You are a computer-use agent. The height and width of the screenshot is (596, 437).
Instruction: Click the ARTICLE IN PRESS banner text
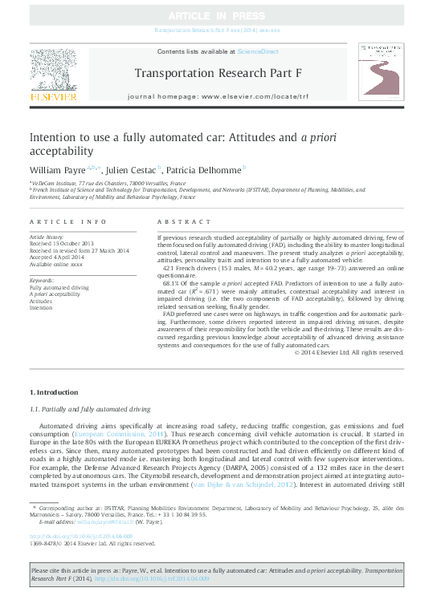(x=218, y=15)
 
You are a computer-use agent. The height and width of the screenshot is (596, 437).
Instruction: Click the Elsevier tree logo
(x=53, y=77)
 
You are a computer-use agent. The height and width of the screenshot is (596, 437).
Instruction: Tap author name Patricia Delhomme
(x=204, y=170)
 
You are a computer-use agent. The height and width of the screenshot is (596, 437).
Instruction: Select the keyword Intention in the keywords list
(x=41, y=307)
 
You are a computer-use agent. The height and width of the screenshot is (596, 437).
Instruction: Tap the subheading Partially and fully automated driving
(x=93, y=408)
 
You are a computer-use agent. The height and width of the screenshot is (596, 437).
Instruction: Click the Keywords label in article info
(x=43, y=279)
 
